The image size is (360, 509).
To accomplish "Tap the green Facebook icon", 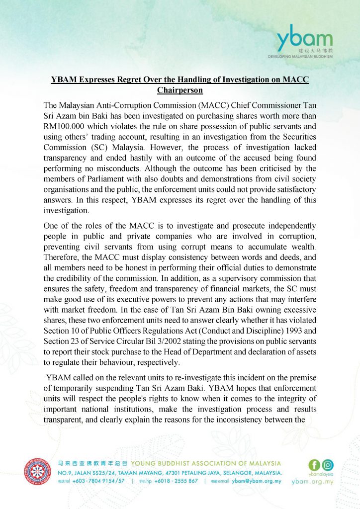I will (314, 465).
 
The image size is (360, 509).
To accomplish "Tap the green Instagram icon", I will (328, 465).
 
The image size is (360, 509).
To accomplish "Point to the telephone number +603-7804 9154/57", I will (99, 481).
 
